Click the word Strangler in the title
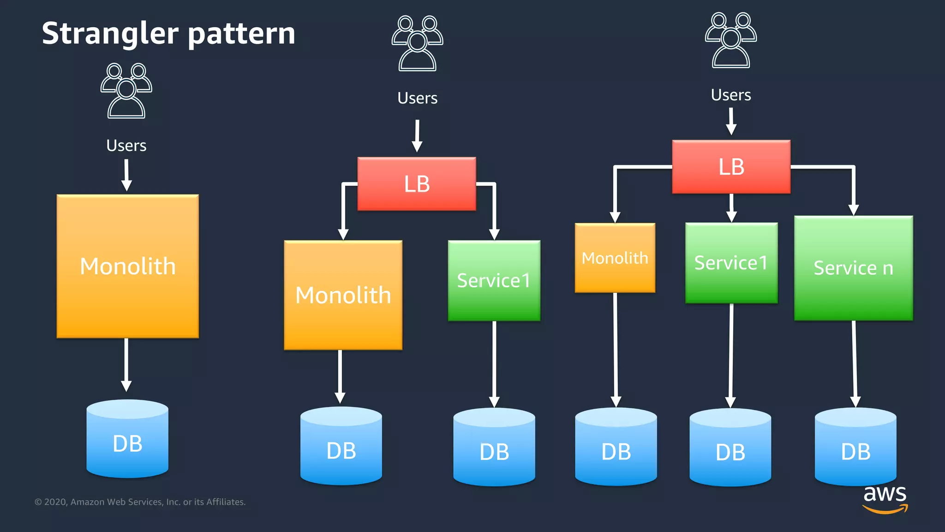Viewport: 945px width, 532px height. pyautogui.click(x=110, y=34)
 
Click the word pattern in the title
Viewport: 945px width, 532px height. pyautogui.click(x=241, y=34)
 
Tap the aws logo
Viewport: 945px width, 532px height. pyautogui.click(x=885, y=499)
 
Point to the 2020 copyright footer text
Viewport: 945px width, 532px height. pyautogui.click(x=140, y=502)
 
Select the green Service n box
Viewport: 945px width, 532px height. pyautogui.click(x=853, y=268)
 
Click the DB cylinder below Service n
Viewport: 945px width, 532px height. pyautogui.click(x=855, y=447)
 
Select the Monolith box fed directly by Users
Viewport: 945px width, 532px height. pyautogui.click(x=128, y=266)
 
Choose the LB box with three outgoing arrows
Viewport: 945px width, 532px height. pyautogui.click(x=731, y=167)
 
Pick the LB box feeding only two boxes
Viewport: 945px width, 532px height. pyautogui.click(x=417, y=184)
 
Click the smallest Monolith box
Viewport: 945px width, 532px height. pyautogui.click(x=615, y=258)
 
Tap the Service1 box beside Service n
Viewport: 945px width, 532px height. pyautogui.click(x=731, y=263)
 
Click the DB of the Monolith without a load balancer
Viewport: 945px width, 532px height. pyautogui.click(x=127, y=439)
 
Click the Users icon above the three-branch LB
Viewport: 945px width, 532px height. pyautogui.click(x=731, y=41)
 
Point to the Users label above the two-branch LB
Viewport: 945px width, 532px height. pyautogui.click(x=417, y=98)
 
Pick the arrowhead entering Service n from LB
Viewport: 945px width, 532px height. pyautogui.click(x=854, y=210)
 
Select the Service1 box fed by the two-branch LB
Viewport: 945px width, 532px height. pyautogui.click(x=494, y=280)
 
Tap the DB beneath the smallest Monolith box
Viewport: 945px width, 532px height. pyautogui.click(x=616, y=447)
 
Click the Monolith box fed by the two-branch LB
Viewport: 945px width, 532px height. pyautogui.click(x=343, y=295)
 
